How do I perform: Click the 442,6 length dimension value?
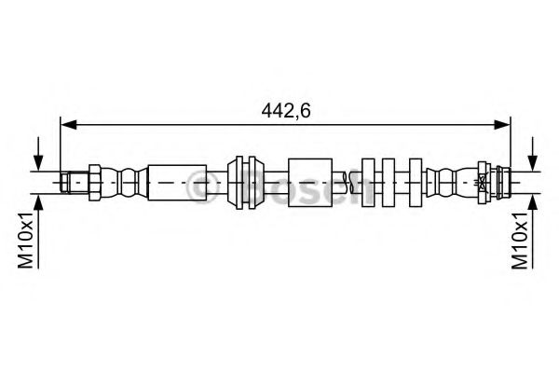click(286, 110)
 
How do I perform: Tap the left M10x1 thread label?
click(26, 239)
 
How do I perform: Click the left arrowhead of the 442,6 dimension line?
click(69, 125)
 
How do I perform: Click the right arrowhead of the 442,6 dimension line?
click(502, 125)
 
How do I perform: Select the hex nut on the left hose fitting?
click(95, 183)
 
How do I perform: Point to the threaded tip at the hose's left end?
click(64, 183)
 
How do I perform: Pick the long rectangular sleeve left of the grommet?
click(177, 183)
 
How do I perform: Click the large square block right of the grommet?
click(310, 183)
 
